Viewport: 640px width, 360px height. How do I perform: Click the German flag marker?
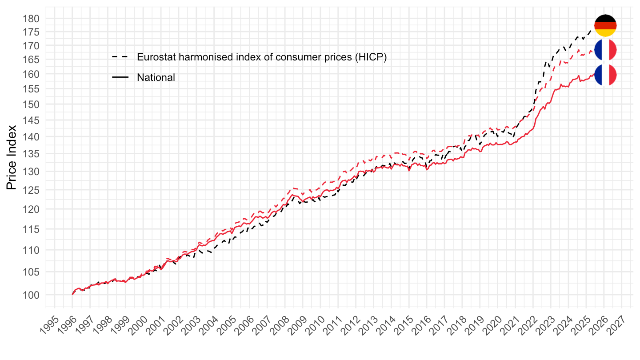tap(605, 26)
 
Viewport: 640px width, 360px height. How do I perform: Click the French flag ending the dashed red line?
tap(605, 50)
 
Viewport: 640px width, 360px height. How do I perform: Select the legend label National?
tap(156, 77)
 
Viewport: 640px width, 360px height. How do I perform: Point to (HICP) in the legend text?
tap(371, 57)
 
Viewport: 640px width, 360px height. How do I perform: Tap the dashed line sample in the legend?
tap(120, 57)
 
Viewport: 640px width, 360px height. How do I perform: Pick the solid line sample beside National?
tap(120, 77)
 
